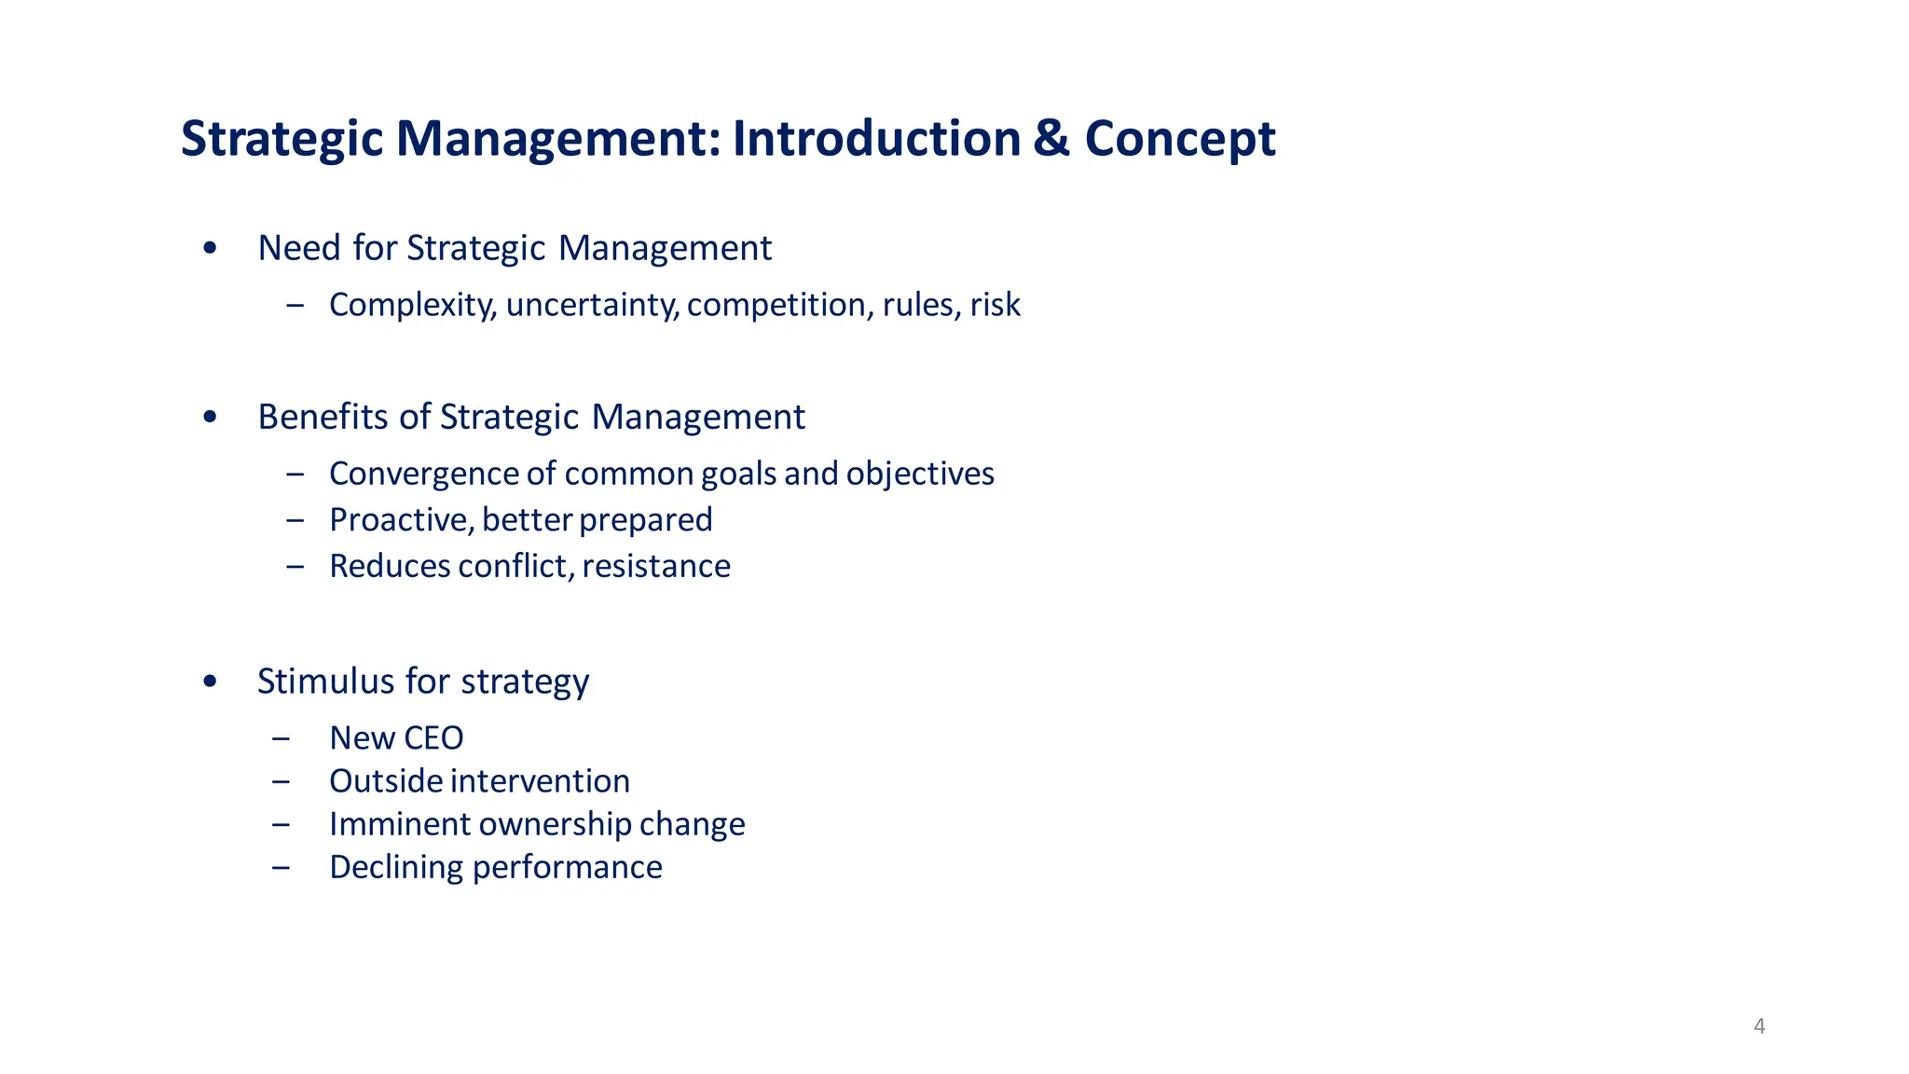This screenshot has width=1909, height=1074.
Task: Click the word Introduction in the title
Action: [876, 139]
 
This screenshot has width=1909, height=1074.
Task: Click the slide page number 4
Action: [1759, 1026]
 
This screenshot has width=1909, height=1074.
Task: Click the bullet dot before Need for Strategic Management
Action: [210, 248]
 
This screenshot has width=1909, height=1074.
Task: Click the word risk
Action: [995, 305]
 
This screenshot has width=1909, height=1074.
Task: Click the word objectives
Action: [920, 475]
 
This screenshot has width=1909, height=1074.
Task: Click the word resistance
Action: [656, 566]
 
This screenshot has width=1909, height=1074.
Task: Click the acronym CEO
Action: [433, 738]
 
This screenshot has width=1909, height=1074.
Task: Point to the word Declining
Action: [397, 868]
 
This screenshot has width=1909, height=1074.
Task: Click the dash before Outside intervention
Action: [281, 781]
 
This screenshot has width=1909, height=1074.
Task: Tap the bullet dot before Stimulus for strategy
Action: [210, 682]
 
